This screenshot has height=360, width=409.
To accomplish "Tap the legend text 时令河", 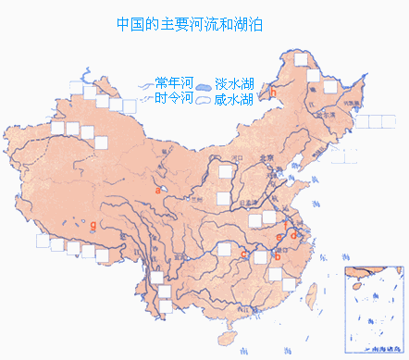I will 173,97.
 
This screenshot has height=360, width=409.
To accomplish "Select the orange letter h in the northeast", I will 274,91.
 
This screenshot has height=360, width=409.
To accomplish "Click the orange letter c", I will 242,253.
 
